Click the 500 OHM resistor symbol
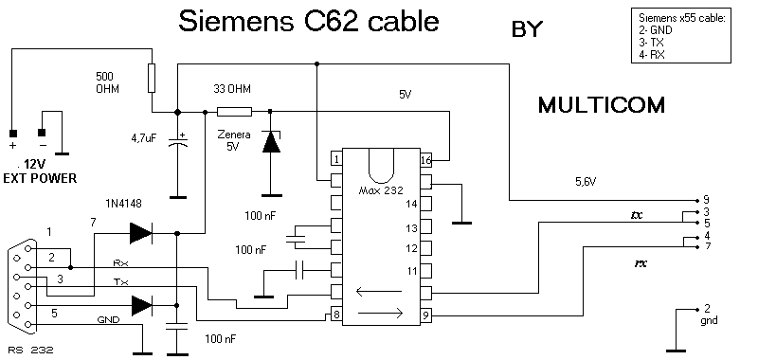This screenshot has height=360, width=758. point(152,78)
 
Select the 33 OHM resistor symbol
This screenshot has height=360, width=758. point(234,112)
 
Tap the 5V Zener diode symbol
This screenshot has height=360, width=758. point(271,142)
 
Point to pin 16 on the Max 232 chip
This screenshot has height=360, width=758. point(425,160)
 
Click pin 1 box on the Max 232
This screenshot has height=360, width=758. point(336,158)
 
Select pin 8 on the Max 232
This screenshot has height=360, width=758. point(336,315)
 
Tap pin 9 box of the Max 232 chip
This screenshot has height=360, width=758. point(425,315)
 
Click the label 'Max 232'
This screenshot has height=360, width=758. point(381,189)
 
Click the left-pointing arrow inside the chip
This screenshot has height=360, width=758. point(378,292)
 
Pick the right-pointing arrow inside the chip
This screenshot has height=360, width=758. point(381,314)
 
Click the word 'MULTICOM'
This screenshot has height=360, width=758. point(602,105)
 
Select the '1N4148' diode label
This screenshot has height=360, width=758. point(123,204)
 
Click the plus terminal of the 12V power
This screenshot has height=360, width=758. point(13,133)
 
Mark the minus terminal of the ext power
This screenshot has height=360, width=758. point(42,133)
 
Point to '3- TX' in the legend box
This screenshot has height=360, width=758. point(651,43)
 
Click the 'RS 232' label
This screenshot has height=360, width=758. point(30,351)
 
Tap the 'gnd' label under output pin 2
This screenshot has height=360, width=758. point(709,321)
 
